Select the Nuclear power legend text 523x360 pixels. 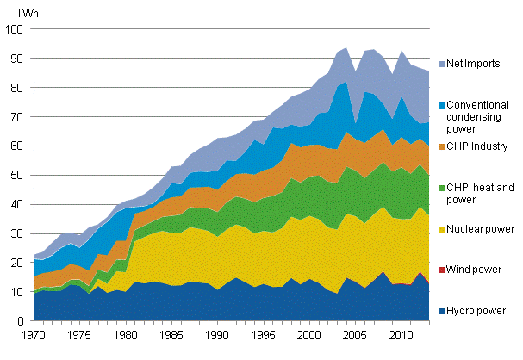(x=478, y=230)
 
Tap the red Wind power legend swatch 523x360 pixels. (x=439, y=271)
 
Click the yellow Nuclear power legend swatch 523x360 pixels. (x=439, y=230)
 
